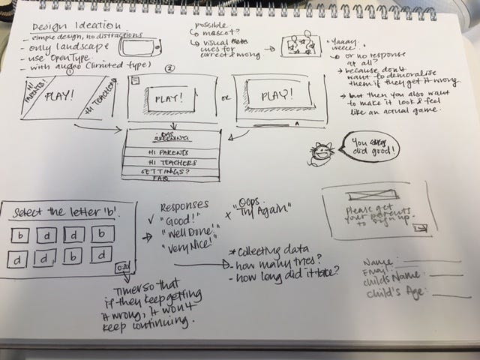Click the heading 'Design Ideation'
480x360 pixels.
pyautogui.click(x=63, y=25)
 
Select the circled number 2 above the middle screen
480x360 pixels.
pyautogui.click(x=170, y=70)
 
